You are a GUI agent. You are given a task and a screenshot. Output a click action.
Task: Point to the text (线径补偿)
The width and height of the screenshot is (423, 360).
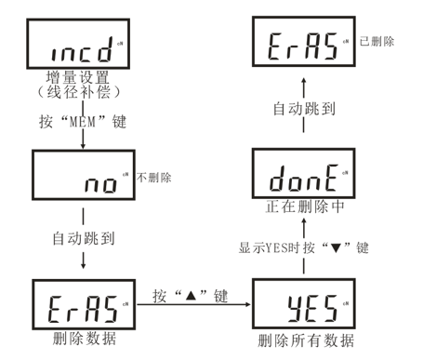tap(85, 95)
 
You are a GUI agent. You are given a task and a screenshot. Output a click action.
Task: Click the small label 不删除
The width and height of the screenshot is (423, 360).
tap(153, 177)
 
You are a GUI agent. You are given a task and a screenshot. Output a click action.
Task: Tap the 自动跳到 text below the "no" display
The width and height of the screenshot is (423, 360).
tap(85, 237)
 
